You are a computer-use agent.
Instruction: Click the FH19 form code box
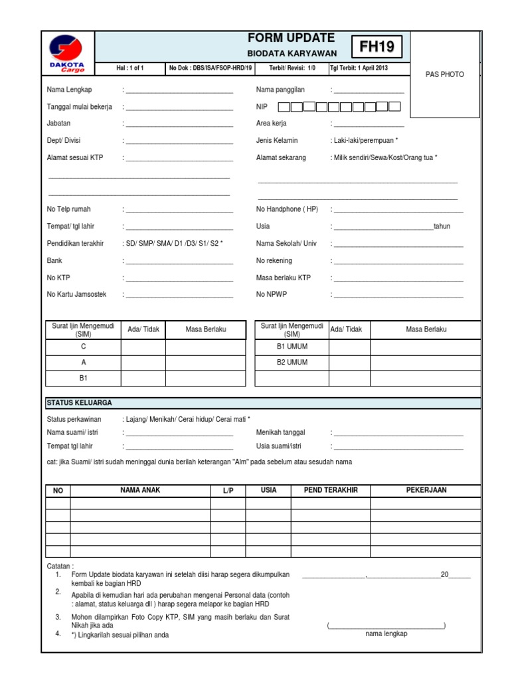point(377,47)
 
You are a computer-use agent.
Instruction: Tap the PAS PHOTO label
point(444,74)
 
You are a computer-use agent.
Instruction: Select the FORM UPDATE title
point(291,39)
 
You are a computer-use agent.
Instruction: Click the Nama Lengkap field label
point(69,90)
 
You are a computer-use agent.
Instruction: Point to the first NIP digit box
point(284,106)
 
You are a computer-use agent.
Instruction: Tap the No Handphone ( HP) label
point(287,209)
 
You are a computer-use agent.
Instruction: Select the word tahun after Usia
point(442,226)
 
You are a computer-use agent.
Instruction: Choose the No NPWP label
point(272,294)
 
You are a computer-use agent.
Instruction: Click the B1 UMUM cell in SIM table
point(292,347)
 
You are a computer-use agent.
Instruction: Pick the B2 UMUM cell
point(292,363)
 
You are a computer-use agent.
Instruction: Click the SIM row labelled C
point(84,347)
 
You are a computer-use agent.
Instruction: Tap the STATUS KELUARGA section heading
point(79,403)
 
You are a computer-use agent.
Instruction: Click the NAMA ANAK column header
point(140,490)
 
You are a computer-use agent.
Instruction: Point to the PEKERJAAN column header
point(426,490)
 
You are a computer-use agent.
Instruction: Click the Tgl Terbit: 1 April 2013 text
point(359,68)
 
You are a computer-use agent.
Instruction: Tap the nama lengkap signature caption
point(386,634)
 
